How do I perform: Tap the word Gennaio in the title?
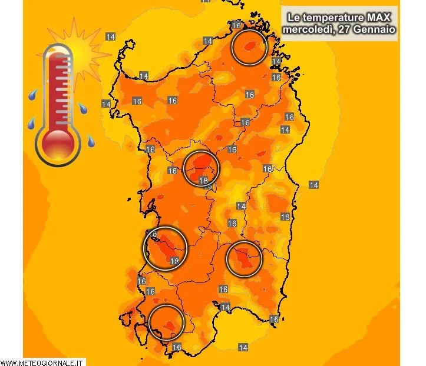[x=375, y=28]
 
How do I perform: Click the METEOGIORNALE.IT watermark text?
[x=42, y=362]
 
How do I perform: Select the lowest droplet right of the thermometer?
[x=91, y=142]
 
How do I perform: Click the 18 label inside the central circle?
[x=204, y=181]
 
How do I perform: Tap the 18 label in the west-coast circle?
[x=174, y=261]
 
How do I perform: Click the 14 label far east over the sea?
[x=314, y=185]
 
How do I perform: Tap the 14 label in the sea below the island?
[x=243, y=348]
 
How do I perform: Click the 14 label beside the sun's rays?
[x=110, y=37]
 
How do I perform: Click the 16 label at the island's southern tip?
[x=177, y=348]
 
